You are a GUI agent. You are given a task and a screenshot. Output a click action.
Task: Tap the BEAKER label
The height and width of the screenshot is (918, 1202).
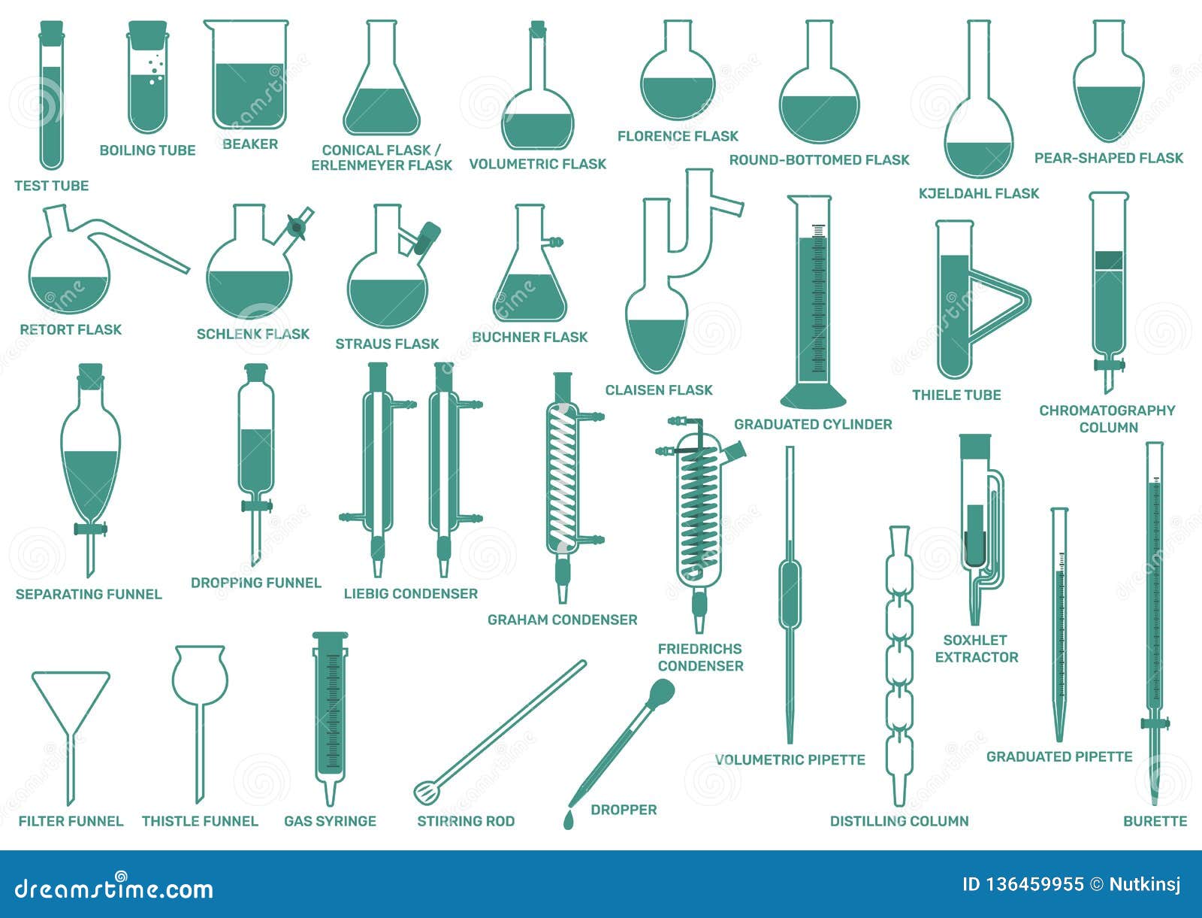[250, 144]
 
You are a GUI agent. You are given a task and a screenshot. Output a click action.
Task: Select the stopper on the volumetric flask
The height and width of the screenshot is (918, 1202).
[538, 29]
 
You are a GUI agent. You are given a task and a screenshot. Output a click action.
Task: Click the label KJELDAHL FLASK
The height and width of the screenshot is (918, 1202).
[979, 193]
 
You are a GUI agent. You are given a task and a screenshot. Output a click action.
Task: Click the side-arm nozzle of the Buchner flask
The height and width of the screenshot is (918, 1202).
[554, 241]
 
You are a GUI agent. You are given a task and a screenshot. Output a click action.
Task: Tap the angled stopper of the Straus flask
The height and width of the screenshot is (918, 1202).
[427, 238]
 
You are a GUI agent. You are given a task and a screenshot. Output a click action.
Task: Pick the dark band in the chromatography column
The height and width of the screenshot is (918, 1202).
[1109, 260]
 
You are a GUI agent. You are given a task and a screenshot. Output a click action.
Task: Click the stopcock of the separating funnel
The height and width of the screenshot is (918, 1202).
[90, 529]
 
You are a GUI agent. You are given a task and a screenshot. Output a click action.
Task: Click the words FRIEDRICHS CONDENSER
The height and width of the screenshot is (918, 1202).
[700, 658]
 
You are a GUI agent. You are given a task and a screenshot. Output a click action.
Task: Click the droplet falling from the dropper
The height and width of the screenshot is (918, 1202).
[569, 820]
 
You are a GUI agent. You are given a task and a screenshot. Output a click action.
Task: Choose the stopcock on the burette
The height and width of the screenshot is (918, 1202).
[1155, 723]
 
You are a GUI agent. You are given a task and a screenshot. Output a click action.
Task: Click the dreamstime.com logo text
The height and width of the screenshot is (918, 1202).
[113, 889]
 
